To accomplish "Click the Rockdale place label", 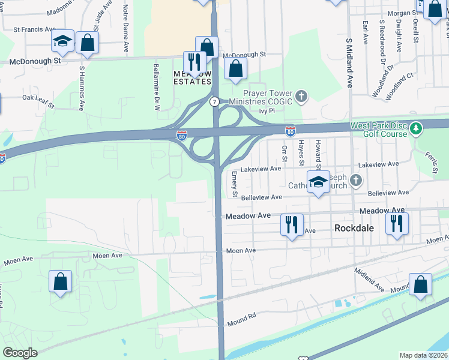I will pos(354,229).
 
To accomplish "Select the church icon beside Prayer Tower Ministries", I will pos(302,95).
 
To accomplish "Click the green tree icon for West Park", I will pos(415,128).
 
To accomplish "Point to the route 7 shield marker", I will pos(214,102).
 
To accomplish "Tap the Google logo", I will pos(20,353).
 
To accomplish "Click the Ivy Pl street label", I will pos(267,111).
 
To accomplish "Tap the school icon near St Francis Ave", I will pos(62,41).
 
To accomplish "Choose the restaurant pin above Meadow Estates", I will pos(194,62).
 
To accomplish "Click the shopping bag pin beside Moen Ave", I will pos(60,281).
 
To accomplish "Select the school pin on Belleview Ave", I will pos(318,182).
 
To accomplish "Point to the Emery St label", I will pos(235,184).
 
